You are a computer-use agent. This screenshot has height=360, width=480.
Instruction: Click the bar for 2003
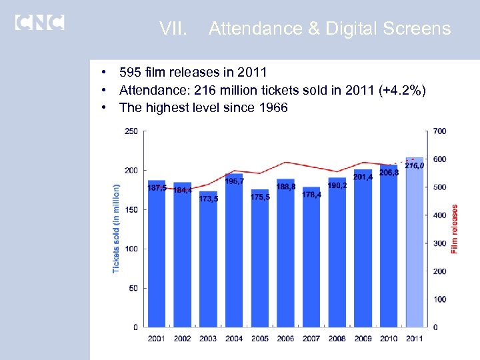[x=208, y=267]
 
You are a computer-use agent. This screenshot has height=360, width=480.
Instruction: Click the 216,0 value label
[x=414, y=165]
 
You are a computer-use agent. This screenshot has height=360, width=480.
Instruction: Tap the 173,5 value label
[x=208, y=198]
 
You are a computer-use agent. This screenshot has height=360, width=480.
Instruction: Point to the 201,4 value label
[x=363, y=177]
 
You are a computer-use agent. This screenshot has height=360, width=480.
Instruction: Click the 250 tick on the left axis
[x=131, y=131]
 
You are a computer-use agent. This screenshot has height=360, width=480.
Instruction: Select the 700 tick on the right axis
[x=439, y=131]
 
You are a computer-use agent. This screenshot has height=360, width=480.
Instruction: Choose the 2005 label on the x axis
[x=260, y=339]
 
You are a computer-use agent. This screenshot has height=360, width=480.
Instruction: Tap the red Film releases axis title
[x=455, y=229]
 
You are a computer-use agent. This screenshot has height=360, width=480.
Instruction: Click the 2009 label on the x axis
[x=363, y=339]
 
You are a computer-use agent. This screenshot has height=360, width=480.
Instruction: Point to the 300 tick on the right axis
[x=439, y=243]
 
